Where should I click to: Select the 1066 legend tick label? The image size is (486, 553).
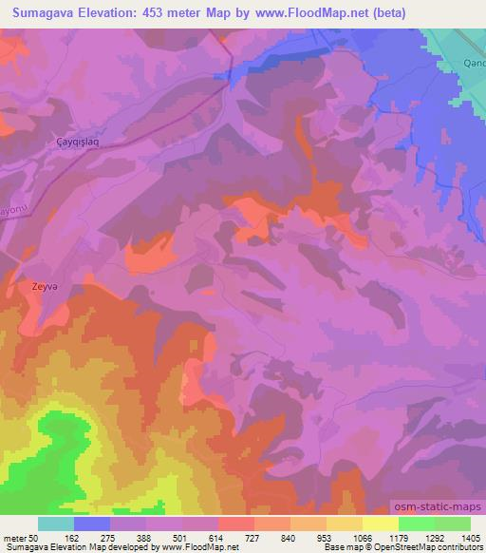point(363,537)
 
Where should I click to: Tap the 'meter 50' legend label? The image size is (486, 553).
point(21,537)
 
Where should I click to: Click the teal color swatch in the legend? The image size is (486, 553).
point(56,524)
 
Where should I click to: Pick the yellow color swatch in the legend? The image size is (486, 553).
point(380,524)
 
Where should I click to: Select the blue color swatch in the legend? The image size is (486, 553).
point(92,524)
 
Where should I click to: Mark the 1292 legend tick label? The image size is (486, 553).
point(434,537)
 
